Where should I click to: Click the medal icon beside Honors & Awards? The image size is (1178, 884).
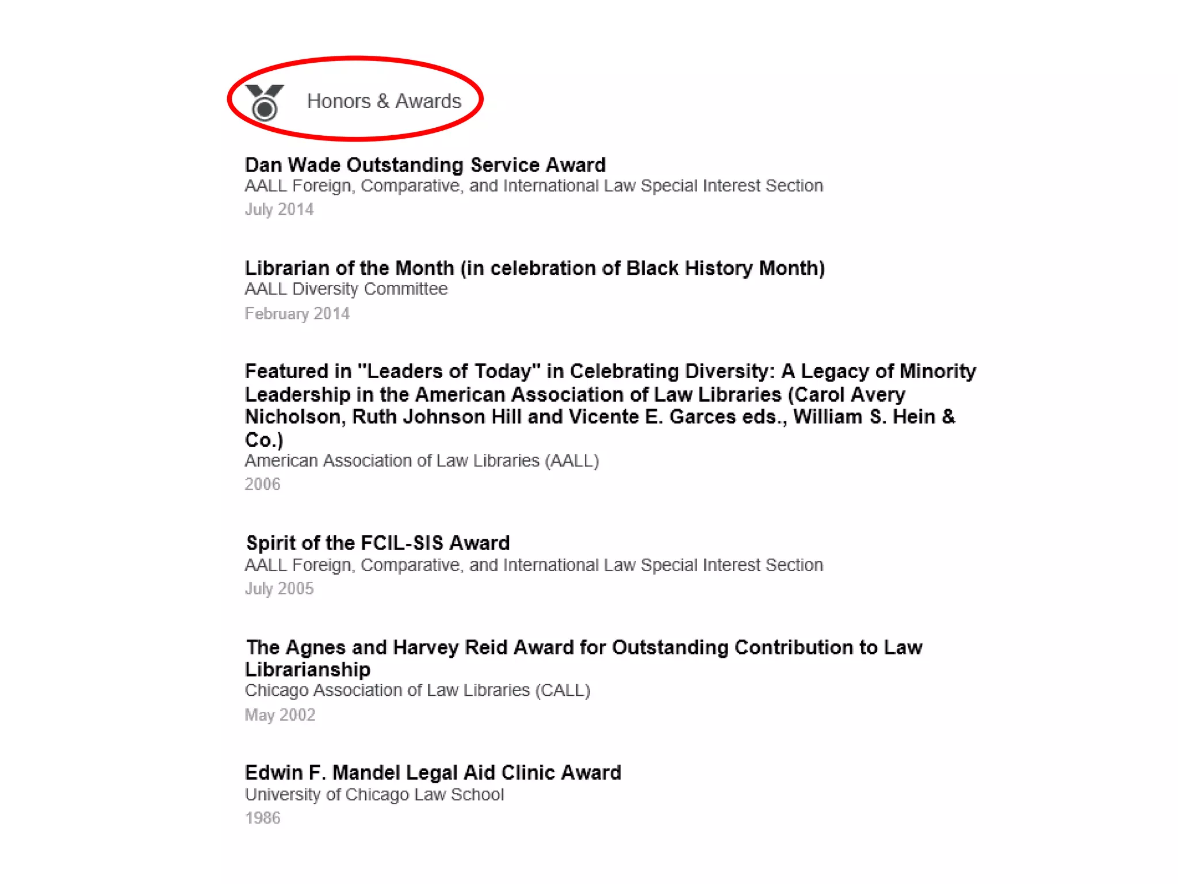(265, 102)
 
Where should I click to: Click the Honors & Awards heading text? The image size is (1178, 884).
(384, 101)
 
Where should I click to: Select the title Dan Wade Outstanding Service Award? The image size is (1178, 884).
(425, 165)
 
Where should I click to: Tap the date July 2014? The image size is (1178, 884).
(279, 209)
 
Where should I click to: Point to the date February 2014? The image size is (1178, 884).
(297, 313)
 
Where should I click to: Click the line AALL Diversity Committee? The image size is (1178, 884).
(346, 288)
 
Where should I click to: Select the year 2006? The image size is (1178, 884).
(262, 484)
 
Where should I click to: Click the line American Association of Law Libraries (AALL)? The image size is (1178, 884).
(422, 460)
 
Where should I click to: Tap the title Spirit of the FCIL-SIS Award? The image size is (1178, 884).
(378, 543)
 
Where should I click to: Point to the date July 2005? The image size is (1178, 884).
(279, 588)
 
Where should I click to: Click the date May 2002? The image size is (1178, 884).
(280, 715)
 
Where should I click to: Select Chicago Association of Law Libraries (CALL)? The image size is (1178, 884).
(418, 690)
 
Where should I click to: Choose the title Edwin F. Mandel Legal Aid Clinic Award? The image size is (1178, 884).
(433, 772)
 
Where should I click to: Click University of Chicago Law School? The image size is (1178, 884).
(374, 794)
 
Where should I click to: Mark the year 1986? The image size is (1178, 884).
(262, 818)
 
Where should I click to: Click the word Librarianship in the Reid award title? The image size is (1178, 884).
(308, 669)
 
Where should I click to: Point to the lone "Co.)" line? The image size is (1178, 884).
(264, 440)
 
